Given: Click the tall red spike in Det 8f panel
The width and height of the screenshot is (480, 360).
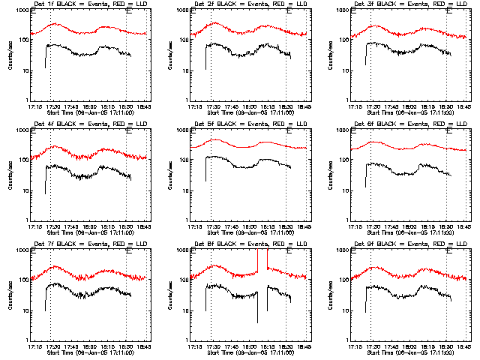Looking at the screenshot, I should (268, 259).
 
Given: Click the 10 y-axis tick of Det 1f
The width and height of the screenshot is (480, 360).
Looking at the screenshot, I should (25, 70).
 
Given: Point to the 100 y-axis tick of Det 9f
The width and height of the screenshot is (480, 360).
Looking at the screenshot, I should (346, 280).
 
